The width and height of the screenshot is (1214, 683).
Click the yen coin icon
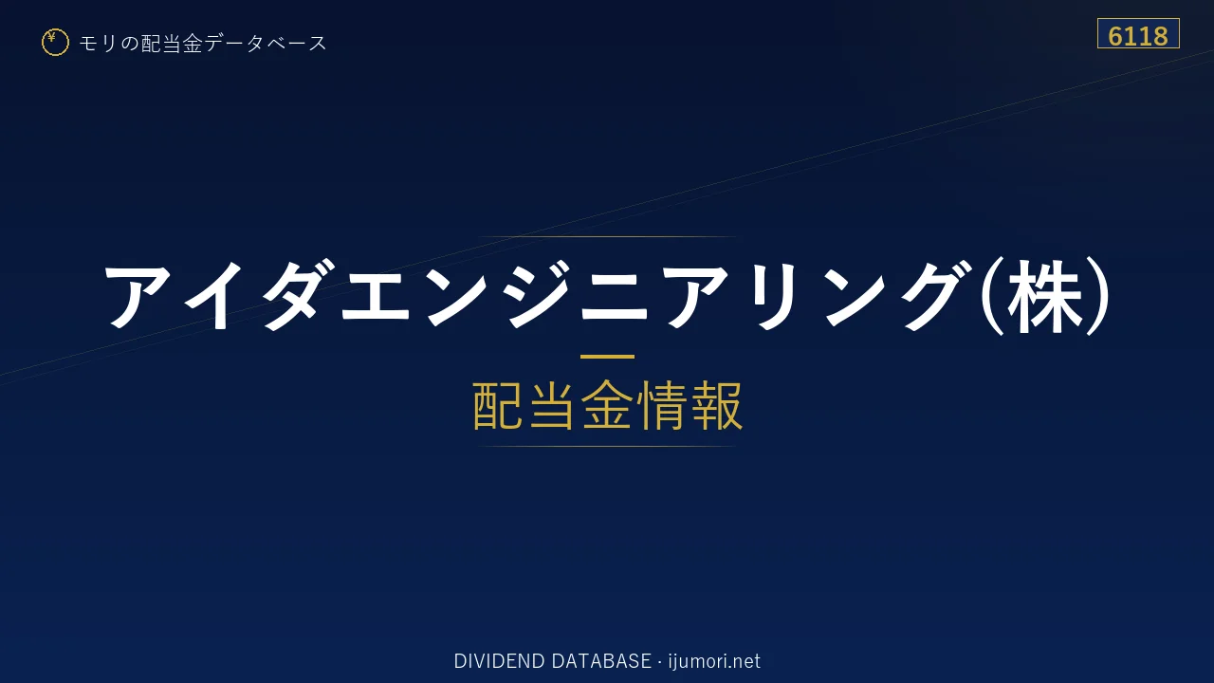pos(55,43)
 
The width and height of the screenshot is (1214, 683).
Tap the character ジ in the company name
pos(537,294)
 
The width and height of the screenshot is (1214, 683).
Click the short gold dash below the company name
pos(607,357)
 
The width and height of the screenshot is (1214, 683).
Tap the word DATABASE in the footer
pos(601,661)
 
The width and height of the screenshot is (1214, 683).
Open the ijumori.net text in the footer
pos(714,661)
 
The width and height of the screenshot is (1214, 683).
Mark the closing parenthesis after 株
pos(1098,296)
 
